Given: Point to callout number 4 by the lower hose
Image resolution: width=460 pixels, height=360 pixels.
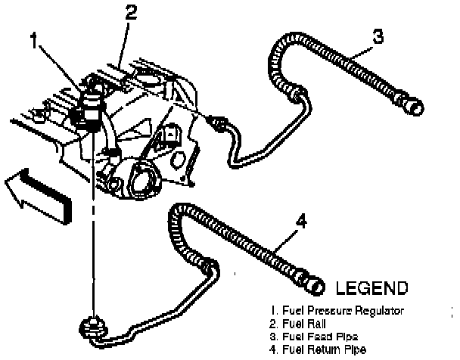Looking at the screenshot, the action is pos(301,222).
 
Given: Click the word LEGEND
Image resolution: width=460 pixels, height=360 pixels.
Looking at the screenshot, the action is pos(371,288).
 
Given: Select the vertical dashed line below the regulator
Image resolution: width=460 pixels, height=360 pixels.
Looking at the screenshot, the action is pos(93,227).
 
